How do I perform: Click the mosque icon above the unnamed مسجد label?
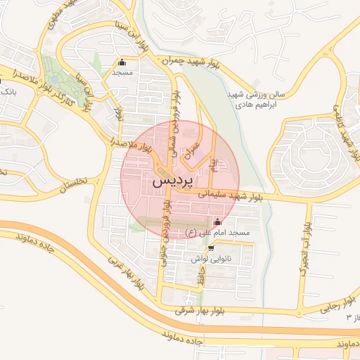click(x=122, y=62)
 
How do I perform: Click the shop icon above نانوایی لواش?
click(x=210, y=248)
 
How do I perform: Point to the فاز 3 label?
click(x=352, y=318)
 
